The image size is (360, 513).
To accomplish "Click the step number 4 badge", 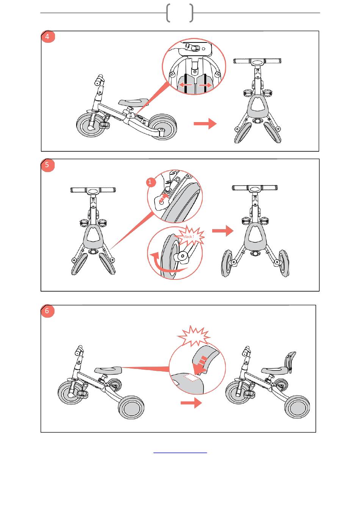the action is [47, 37].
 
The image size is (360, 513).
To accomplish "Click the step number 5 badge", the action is [47, 165].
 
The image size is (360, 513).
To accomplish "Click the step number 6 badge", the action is [47, 311].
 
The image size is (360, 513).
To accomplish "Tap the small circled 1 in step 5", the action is [150, 182].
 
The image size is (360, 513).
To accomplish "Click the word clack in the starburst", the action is [188, 237].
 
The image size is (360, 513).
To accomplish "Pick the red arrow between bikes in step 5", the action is [222, 231].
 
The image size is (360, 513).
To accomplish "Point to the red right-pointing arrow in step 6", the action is [191, 403].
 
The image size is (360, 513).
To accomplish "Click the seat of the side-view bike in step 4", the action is [133, 102].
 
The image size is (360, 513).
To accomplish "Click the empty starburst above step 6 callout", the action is [194, 336].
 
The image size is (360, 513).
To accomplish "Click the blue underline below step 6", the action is [180, 452].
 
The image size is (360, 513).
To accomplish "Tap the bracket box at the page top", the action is [180, 13].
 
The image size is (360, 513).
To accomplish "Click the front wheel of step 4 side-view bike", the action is [90, 126].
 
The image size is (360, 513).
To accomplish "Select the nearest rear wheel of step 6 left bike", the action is [131, 408].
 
